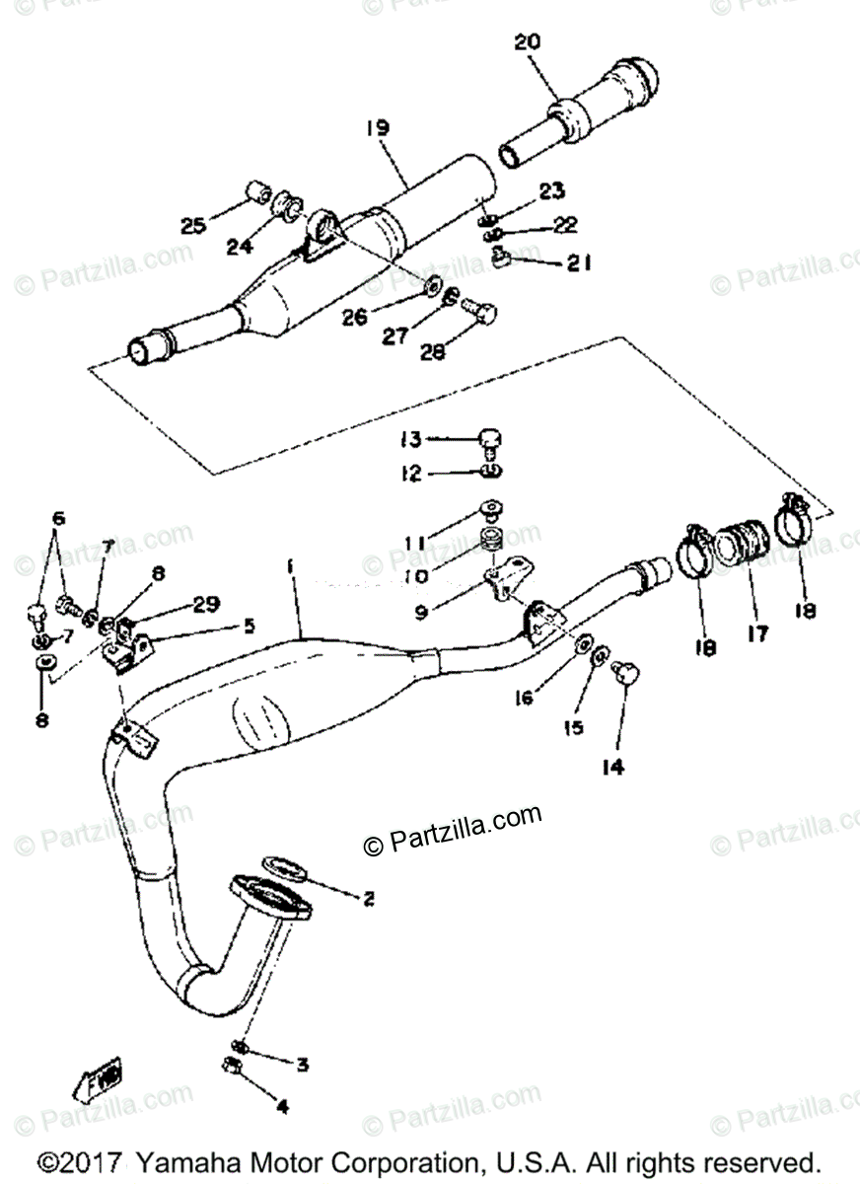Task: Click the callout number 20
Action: pos(528,42)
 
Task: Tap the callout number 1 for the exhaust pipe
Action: pos(291,567)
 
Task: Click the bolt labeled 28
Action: pos(484,314)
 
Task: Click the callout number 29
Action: pos(205,604)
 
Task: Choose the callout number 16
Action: pos(523,698)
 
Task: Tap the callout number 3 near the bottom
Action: pos(302,1065)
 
